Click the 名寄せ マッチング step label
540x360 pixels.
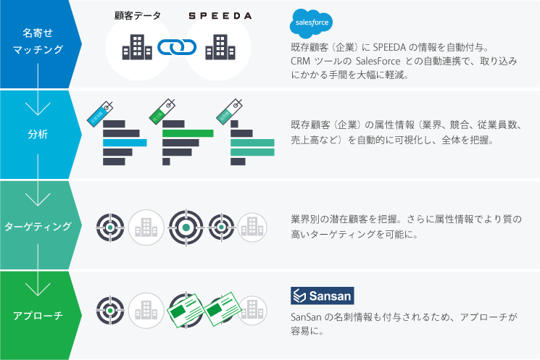[38, 41]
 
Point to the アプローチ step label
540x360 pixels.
[38, 316]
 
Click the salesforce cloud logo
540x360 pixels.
[311, 22]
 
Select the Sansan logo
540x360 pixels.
[322, 296]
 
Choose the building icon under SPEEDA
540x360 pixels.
[217, 50]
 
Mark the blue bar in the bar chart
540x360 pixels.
[124, 143]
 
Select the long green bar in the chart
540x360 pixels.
[187, 133]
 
